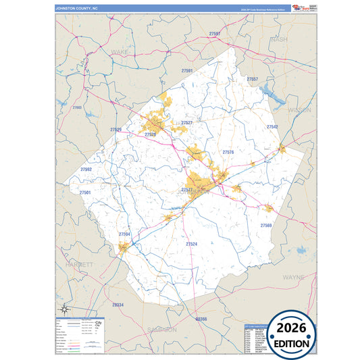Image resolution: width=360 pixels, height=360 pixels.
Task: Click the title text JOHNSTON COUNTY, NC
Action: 77,8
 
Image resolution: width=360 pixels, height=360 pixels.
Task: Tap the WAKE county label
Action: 119,51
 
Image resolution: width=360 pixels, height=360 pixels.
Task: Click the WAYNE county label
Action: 293,277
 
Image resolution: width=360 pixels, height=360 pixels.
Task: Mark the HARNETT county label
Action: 80,264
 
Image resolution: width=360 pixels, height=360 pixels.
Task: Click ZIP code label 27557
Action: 252,79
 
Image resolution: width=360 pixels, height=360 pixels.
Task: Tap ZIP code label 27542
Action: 272,126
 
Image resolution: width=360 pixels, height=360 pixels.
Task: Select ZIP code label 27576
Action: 228,152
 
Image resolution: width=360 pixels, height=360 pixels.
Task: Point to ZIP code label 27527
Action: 187,122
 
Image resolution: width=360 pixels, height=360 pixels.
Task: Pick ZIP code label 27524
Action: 191,243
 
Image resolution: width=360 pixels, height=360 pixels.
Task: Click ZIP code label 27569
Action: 265,225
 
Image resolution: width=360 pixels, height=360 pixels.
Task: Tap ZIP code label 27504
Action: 124,234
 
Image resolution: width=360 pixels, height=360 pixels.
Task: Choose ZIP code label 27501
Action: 84,192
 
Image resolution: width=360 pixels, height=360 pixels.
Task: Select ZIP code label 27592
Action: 86,170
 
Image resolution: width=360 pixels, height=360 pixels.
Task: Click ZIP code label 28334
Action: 118,305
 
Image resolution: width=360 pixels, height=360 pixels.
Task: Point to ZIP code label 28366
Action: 201,318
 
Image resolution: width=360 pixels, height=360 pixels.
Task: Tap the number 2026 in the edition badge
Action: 291,329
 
